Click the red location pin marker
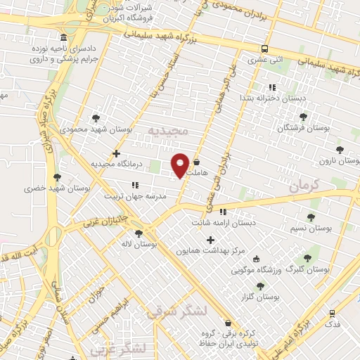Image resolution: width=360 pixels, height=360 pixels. click(181, 165)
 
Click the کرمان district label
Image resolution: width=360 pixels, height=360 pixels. click(304, 186)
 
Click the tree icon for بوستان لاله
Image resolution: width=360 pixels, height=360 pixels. click(138, 233)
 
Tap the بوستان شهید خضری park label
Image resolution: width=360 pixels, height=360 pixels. click(47, 188)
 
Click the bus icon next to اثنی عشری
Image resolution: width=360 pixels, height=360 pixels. click(264, 49)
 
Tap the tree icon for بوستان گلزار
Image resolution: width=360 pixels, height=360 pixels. click(261, 286)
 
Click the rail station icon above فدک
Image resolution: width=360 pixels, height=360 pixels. click(332, 312)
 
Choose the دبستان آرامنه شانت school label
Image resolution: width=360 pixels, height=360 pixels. click(223, 222)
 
